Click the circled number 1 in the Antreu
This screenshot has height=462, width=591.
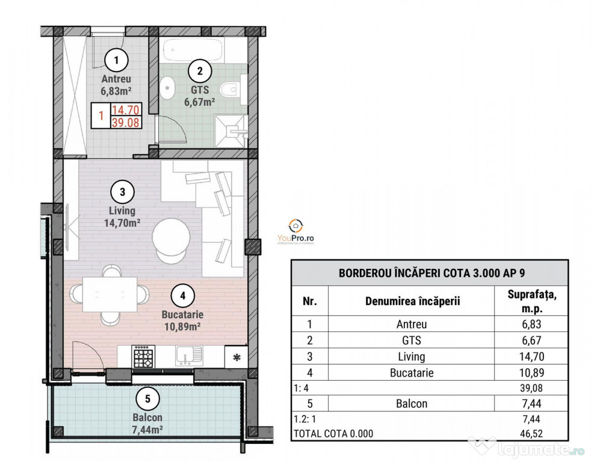(116, 60)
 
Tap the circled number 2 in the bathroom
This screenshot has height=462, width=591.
(200, 71)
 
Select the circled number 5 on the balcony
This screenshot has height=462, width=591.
(147, 399)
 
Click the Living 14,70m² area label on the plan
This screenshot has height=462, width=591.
(122, 217)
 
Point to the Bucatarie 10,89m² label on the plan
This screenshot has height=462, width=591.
(182, 320)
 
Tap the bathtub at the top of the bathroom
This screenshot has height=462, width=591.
(193, 49)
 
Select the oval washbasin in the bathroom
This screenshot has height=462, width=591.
(167, 88)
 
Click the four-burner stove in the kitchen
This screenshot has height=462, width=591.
(143, 356)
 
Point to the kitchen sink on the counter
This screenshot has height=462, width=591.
(189, 356)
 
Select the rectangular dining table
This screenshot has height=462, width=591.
(110, 294)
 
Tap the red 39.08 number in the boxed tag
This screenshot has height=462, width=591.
(126, 123)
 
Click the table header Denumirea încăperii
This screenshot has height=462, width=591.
(412, 301)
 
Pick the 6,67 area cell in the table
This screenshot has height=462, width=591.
(531, 340)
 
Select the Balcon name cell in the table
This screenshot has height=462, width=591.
(412, 404)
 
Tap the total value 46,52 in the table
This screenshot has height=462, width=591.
(531, 434)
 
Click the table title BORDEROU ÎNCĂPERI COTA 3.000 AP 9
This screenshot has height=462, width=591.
(432, 273)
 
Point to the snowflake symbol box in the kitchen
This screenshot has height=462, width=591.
(237, 357)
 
